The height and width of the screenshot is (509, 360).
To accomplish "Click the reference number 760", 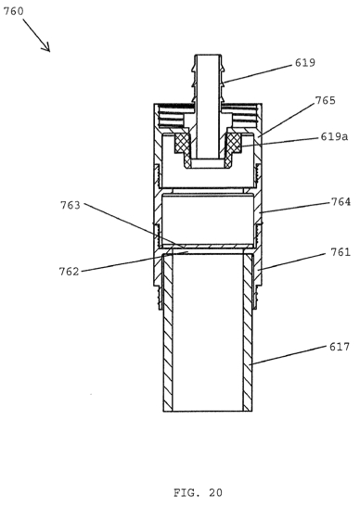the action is (13, 11).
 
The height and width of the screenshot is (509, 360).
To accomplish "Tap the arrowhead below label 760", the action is (46, 47).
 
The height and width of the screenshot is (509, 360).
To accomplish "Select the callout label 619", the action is (304, 63).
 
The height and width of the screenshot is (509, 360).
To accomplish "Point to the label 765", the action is (325, 100).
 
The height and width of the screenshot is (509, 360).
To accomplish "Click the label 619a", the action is (334, 136).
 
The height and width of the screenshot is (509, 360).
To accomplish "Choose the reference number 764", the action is (341, 202).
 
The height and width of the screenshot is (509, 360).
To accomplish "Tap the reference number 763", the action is (71, 205).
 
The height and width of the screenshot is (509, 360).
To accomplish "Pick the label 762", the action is (69, 272).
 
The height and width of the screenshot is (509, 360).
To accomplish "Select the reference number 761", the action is (341, 252).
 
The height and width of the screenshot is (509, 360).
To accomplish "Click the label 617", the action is (340, 347).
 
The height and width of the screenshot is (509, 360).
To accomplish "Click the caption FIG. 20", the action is (198, 492).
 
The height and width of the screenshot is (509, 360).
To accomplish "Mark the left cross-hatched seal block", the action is (181, 143).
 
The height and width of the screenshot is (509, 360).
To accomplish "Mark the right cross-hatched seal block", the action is (234, 143).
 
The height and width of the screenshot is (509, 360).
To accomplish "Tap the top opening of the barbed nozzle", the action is (208, 56).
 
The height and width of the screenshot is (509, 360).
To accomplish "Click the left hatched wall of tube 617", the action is (168, 333).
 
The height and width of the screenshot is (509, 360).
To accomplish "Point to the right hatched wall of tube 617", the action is (248, 333).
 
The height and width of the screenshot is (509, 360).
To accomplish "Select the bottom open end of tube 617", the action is (208, 411).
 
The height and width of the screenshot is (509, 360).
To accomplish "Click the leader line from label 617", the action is (289, 355).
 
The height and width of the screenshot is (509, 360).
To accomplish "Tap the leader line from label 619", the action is (257, 74).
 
